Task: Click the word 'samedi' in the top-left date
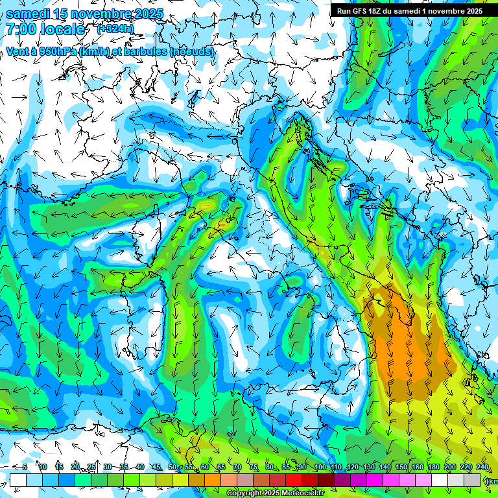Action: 27,14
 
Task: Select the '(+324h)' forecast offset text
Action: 116,29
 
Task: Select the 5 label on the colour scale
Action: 25,467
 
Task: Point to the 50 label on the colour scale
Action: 172,467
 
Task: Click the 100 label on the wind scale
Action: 320,467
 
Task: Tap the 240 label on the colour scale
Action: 482,467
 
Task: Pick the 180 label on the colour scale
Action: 434,467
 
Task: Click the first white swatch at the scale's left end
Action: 18,479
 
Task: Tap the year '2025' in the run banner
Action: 472,11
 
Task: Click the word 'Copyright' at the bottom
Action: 244,493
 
